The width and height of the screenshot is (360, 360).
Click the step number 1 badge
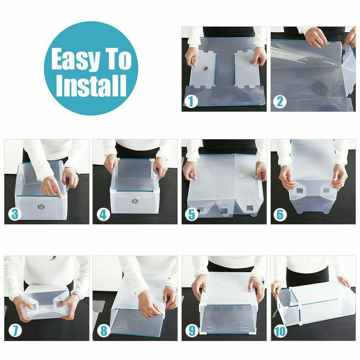191,101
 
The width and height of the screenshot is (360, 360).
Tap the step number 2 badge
280,101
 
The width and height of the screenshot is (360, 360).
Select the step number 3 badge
15,214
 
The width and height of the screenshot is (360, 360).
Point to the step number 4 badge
103,214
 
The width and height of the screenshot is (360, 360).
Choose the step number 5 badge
192,214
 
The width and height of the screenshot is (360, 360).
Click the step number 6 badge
280,214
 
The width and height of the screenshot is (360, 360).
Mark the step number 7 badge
15,331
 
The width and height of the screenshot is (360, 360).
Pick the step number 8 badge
104,331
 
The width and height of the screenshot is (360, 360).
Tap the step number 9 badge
192,331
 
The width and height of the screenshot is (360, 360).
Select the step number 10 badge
280,331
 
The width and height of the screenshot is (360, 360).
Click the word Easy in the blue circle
76,60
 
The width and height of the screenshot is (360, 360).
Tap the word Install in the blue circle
91,85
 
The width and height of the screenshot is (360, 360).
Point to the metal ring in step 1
206,68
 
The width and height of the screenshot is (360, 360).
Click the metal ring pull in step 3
41,206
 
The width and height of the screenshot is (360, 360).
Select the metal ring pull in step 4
135,201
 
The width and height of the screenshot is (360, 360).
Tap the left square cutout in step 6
299,190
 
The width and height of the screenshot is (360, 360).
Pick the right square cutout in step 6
326,190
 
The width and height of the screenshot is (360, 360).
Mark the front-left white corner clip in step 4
113,190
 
